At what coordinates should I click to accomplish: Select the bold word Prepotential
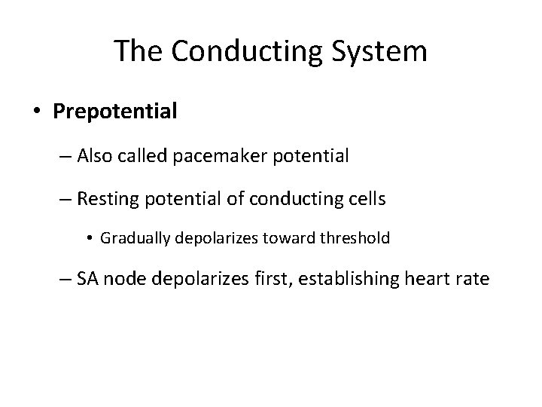pyautogui.click(x=115, y=112)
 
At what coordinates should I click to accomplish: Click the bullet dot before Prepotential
pyautogui.click(x=37, y=113)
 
